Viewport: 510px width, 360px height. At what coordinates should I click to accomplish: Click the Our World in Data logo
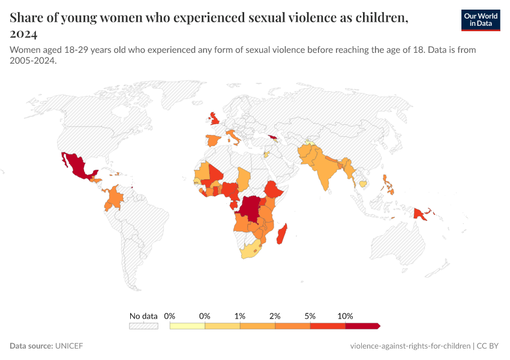(480, 20)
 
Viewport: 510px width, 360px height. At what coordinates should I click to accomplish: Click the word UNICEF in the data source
(69, 346)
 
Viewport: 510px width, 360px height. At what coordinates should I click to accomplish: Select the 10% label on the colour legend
(345, 316)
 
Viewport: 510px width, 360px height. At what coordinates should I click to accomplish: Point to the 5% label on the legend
(310, 316)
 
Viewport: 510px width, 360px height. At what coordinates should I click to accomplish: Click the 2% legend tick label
(275, 316)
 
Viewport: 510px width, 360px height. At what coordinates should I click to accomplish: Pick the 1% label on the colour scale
(240, 316)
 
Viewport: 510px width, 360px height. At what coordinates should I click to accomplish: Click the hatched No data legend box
(143, 326)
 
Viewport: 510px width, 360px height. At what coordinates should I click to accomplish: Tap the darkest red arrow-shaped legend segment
(362, 326)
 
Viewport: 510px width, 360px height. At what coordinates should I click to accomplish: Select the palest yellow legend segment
(187, 326)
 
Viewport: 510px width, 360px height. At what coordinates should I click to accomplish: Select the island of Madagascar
(281, 234)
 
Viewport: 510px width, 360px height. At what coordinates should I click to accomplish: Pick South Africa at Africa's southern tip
(251, 251)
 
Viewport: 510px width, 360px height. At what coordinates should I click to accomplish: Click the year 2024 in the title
(24, 34)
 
